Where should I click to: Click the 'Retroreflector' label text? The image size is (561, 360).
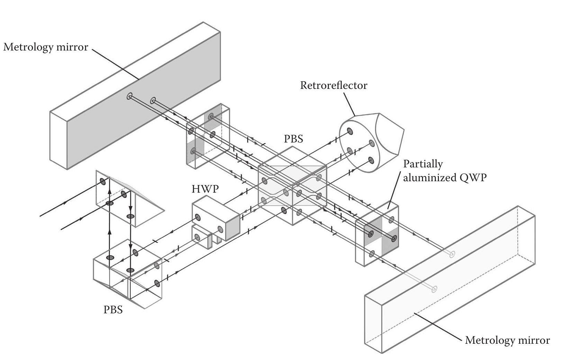pos(333,85)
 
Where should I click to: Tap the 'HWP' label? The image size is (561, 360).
pos(203,189)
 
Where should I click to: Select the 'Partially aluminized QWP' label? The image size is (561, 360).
pos(445,171)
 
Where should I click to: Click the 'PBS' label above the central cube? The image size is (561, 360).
pos(293,139)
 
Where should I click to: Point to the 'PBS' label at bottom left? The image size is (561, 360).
pos(113,310)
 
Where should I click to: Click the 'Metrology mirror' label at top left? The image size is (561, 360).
pos(46,47)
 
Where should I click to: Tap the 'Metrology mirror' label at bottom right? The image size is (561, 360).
pos(507,340)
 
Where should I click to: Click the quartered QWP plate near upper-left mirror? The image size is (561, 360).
pos(208,137)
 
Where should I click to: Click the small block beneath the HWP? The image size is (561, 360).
pos(201,237)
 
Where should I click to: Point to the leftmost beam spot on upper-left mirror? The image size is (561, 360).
pos(129,96)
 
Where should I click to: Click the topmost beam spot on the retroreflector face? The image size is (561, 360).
pos(350,131)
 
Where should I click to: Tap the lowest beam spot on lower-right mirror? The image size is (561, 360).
pos(434,289)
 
